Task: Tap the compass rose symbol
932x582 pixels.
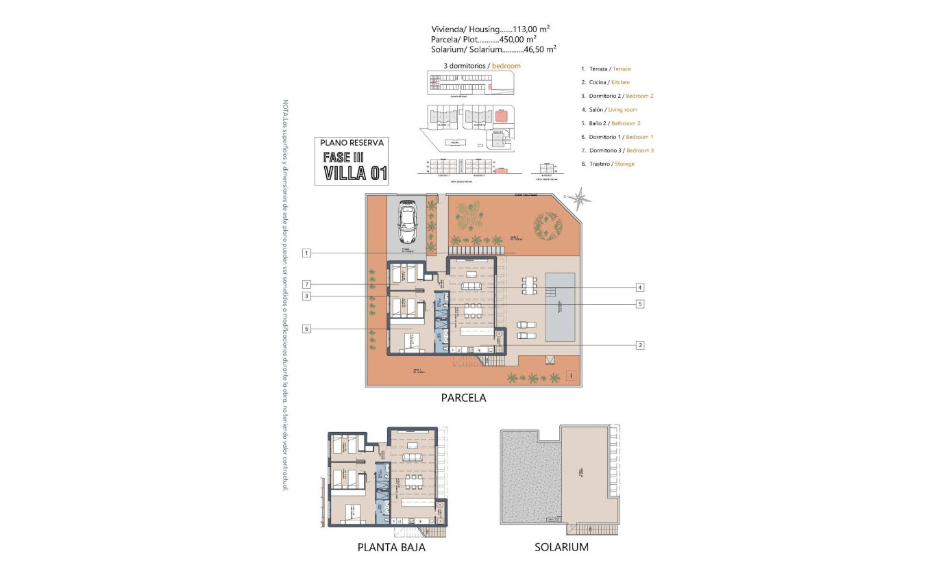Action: (x=581, y=199)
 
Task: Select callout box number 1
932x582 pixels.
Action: (x=307, y=253)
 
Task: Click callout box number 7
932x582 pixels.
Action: (x=307, y=284)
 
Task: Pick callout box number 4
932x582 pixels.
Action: (x=639, y=287)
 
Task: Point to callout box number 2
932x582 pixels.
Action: (x=639, y=345)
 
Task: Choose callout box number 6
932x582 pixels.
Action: (x=307, y=329)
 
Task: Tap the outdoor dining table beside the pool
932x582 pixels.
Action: (x=528, y=286)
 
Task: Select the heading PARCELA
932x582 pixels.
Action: (x=463, y=398)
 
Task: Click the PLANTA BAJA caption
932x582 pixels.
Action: (x=391, y=547)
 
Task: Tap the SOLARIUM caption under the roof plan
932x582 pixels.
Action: (x=561, y=547)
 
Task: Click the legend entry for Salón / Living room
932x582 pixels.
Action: (x=609, y=110)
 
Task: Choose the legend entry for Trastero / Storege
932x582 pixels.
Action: (x=607, y=164)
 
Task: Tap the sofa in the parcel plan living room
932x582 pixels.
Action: (x=470, y=286)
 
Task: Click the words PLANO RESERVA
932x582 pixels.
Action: (x=352, y=143)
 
